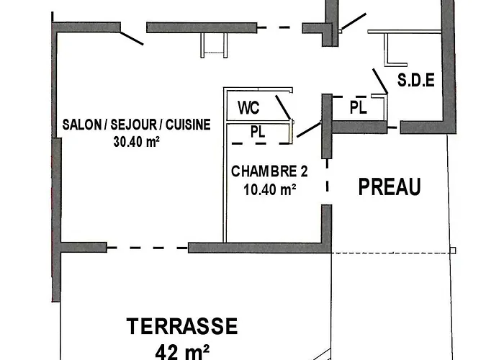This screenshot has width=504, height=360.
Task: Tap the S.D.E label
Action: pos(416,81)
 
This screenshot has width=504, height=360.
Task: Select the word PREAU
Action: pos(390,188)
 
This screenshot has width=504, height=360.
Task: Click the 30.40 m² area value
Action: pos(136,142)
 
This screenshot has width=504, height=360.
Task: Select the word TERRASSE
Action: pos(182,327)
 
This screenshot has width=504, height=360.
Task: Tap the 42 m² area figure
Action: pos(182,351)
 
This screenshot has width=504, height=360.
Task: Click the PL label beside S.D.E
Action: pos(358,108)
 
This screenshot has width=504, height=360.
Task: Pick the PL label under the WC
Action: pos(258,132)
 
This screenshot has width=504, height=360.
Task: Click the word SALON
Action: pos(81,124)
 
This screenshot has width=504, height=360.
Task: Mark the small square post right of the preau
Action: pos(454,251)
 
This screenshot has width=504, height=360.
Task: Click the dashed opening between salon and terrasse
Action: pos(148,248)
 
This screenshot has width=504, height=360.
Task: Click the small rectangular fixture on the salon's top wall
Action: pos(212,45)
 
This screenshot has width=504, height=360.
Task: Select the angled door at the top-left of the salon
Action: pos(131,34)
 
